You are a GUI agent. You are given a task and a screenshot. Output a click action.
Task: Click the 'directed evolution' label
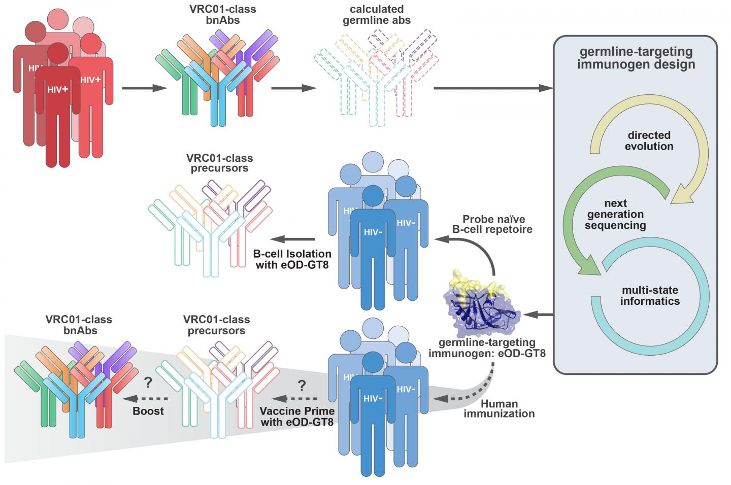pyautogui.click(x=649, y=141)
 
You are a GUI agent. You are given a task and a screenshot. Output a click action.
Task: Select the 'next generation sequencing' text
pyautogui.click(x=615, y=214)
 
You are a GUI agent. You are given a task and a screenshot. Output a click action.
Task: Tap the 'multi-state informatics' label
pyautogui.click(x=649, y=296)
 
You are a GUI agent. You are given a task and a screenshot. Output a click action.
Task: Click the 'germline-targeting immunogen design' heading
pyautogui.click(x=636, y=58)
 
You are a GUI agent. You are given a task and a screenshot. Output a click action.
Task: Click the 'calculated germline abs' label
pyautogui.click(x=377, y=15)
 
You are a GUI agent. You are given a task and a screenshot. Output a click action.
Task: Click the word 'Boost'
pyautogui.click(x=148, y=411)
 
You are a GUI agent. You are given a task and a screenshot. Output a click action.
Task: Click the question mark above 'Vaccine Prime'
pyautogui.click(x=302, y=386)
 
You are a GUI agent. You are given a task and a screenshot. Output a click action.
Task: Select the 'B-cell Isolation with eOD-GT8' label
pyautogui.click(x=292, y=259)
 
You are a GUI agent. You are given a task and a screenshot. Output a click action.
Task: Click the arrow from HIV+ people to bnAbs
pyautogui.click(x=144, y=89)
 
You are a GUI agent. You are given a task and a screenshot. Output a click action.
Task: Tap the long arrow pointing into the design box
pyautogui.click(x=492, y=88)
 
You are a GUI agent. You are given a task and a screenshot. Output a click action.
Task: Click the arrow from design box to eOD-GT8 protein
pyautogui.click(x=538, y=315)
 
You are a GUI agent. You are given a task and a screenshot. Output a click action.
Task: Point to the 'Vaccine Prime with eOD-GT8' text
pyautogui.click(x=296, y=416)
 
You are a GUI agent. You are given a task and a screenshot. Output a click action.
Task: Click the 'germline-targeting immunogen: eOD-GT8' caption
pyautogui.click(x=487, y=348)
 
